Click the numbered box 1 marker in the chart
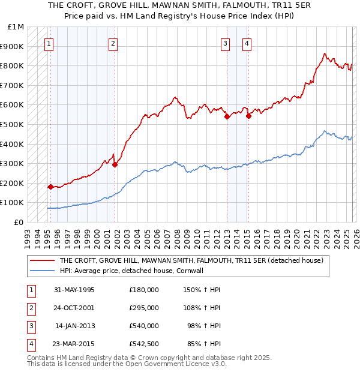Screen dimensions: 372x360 48,43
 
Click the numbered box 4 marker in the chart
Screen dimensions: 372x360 247,43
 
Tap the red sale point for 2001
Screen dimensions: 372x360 115,164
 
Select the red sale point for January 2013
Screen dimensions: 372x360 227,117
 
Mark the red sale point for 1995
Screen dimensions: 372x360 50,187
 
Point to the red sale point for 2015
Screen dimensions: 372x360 248,116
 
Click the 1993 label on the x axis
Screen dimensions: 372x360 27,234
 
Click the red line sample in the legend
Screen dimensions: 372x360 43,260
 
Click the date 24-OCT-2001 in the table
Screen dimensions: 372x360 74,308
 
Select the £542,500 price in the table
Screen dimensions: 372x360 144,344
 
